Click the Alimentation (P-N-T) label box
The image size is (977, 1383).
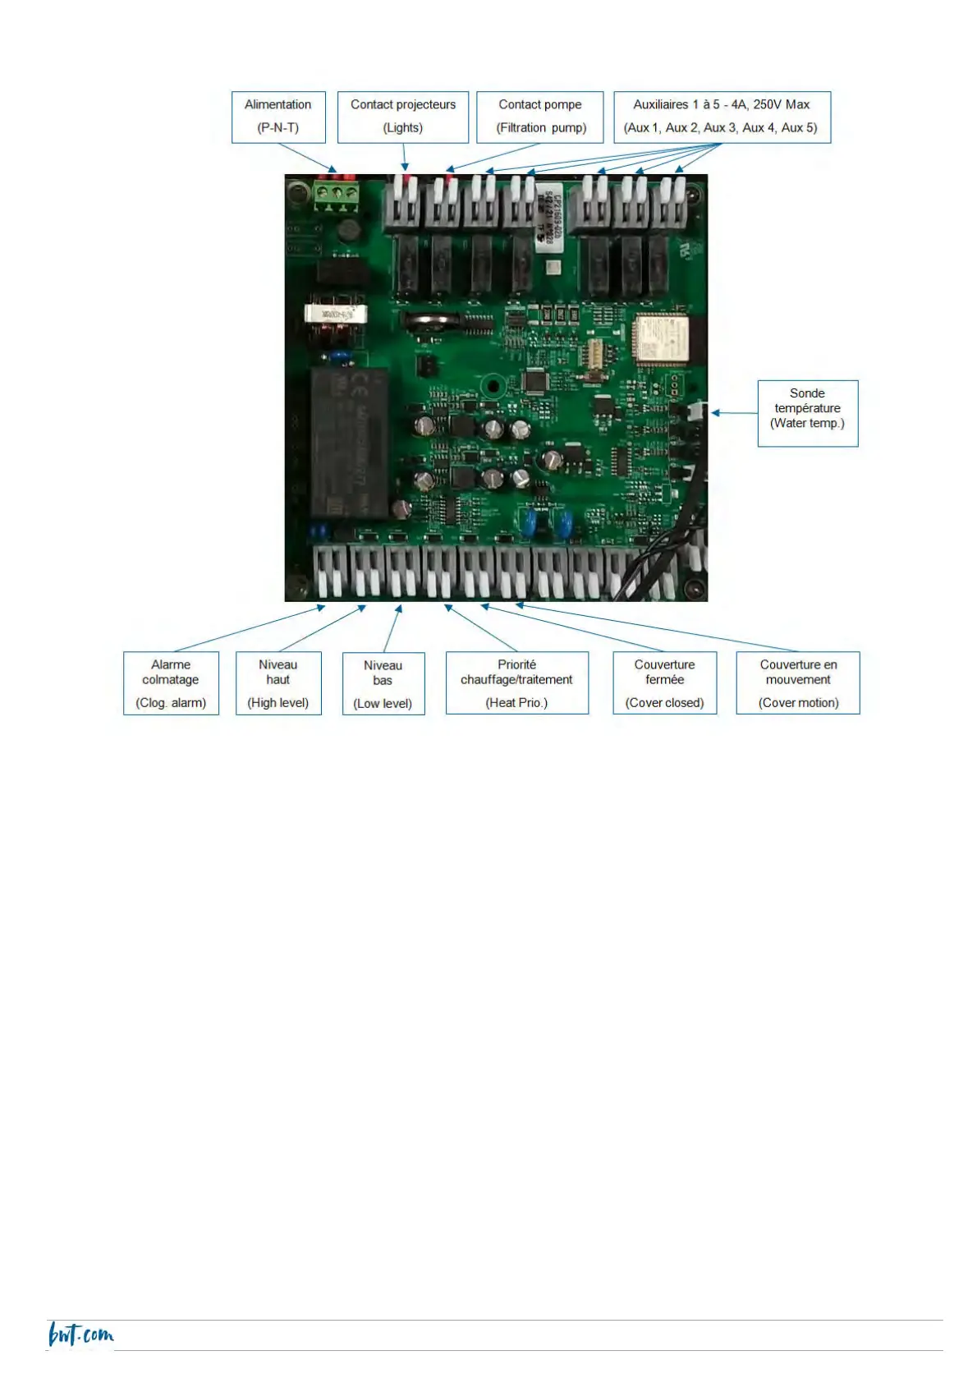click(x=278, y=117)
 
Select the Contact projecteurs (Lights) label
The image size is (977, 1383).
click(x=402, y=117)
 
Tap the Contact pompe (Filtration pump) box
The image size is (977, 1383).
click(x=540, y=117)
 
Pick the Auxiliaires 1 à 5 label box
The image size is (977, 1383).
click(x=722, y=117)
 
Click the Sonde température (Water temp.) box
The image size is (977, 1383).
click(x=807, y=413)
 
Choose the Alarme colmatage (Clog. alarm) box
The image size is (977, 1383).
click(x=171, y=683)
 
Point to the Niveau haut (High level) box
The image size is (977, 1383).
click(x=278, y=683)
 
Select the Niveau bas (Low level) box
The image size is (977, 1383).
click(x=383, y=684)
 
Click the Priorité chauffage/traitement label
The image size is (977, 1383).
click(x=516, y=683)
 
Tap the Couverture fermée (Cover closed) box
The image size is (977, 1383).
click(x=664, y=683)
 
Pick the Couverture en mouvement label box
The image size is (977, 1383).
click(x=798, y=683)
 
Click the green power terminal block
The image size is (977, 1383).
click(x=337, y=195)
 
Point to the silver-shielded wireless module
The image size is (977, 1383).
click(x=661, y=338)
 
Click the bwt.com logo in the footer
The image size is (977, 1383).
click(x=80, y=1335)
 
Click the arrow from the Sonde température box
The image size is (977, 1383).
click(x=734, y=413)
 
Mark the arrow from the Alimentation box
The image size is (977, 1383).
click(x=307, y=158)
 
